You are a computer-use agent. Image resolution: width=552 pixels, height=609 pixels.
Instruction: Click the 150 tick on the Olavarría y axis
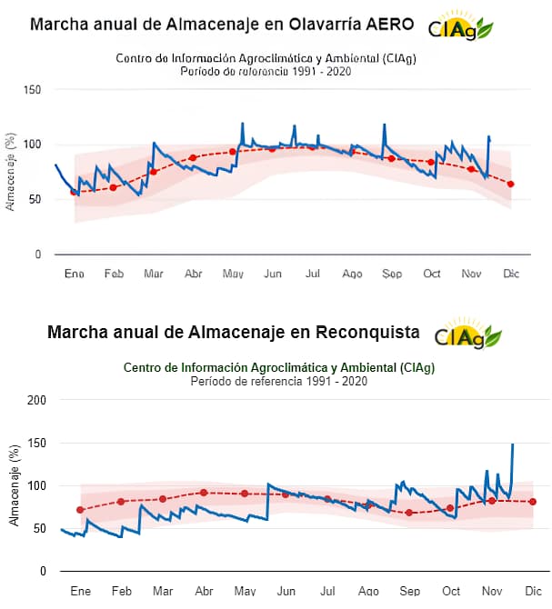tap(33, 89)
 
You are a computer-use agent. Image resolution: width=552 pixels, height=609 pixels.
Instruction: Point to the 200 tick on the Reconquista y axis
tap(37, 400)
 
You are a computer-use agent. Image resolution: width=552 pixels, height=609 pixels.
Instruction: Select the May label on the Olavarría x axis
tap(233, 273)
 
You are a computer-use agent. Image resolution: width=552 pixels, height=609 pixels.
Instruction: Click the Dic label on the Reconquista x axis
tap(533, 590)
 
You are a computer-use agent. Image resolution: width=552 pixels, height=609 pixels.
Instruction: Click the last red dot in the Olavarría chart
tap(511, 185)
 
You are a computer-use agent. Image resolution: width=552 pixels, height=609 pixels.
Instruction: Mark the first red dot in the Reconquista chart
tap(80, 510)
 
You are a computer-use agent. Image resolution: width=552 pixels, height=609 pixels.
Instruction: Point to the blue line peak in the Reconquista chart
tap(512, 444)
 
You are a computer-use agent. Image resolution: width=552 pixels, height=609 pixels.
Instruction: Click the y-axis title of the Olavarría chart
tap(11, 172)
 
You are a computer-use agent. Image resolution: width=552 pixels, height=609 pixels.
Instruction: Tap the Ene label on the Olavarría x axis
tap(74, 273)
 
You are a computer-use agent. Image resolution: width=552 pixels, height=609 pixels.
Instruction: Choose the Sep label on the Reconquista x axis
tap(410, 590)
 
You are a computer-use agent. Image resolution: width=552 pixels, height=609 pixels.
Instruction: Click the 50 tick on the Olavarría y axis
tap(35, 199)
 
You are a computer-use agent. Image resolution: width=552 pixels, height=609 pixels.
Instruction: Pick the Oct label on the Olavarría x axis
tap(431, 273)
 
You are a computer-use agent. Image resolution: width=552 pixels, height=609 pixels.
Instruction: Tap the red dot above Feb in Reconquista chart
tap(121, 502)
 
